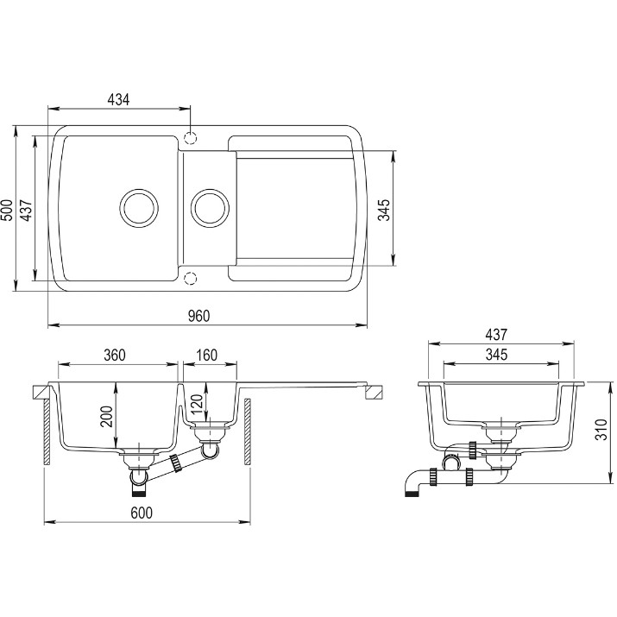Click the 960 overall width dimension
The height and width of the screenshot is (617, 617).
(198, 316)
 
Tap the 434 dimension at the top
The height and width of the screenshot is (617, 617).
(118, 100)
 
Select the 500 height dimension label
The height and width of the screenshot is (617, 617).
(8, 210)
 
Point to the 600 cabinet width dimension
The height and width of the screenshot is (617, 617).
(142, 513)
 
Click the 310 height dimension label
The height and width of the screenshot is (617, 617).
(601, 430)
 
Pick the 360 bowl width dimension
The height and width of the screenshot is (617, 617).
(115, 355)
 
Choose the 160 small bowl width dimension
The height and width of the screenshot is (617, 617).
(206, 355)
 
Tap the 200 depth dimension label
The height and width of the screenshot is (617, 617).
(107, 416)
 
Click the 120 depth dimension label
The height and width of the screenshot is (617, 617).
(197, 404)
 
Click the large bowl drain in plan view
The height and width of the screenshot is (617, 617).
(139, 208)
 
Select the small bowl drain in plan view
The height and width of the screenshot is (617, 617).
(210, 208)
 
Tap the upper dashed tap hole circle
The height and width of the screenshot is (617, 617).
(190, 138)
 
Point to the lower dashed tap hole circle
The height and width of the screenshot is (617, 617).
(190, 278)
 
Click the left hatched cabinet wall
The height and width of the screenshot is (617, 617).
(47, 431)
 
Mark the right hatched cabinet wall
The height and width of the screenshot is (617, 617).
(248, 431)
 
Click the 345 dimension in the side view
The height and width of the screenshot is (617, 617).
(496, 355)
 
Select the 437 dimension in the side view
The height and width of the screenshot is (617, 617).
(496, 335)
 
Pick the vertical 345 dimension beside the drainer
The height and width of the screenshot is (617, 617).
(384, 210)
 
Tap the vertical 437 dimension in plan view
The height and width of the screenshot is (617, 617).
(27, 210)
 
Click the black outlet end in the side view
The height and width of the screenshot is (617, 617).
(411, 493)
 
